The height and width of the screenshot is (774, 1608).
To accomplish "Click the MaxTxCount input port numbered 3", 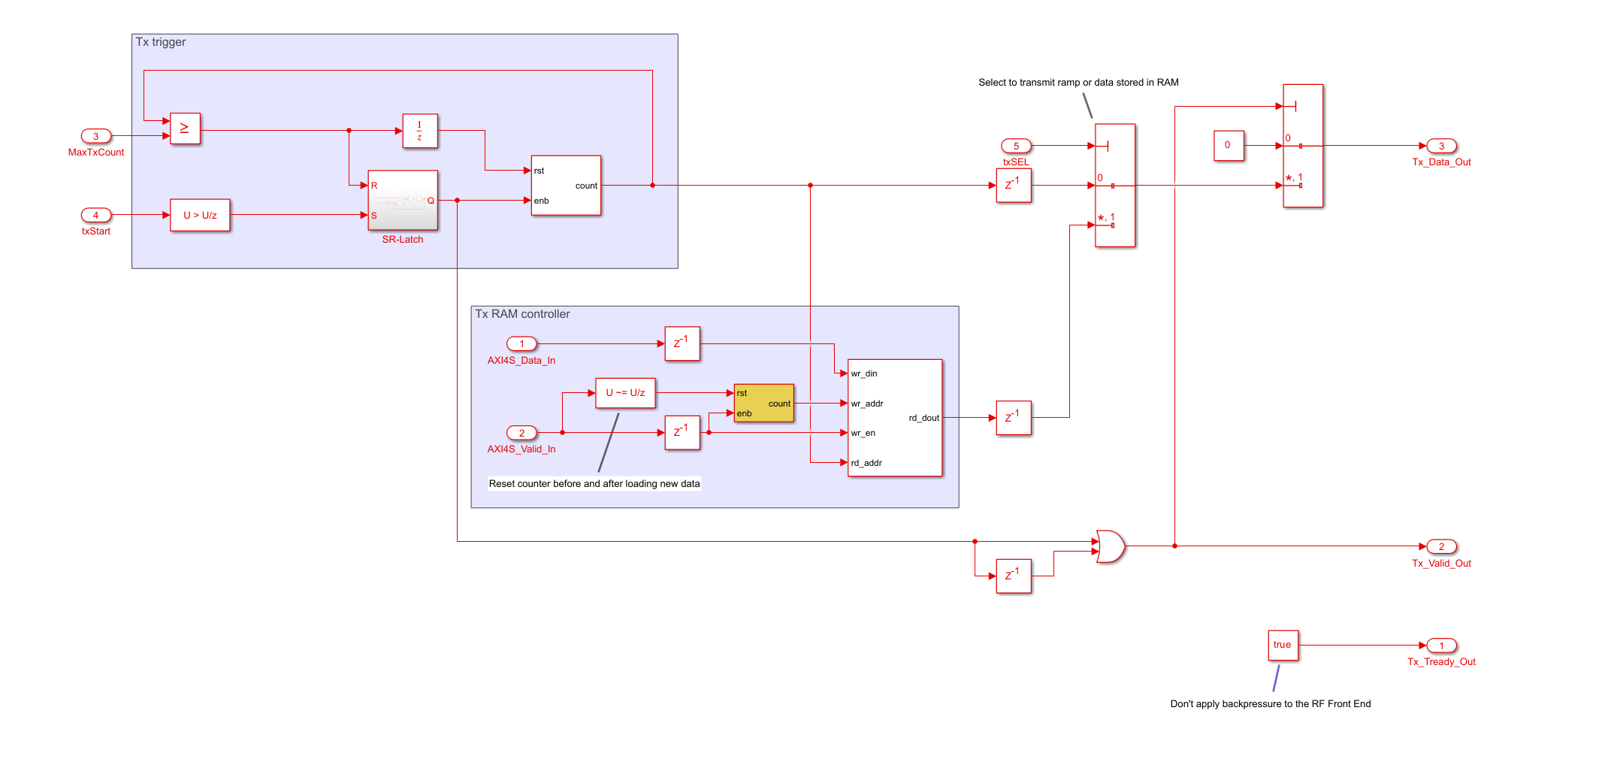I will (x=95, y=136).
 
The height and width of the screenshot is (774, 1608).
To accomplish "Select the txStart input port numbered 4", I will (x=95, y=215).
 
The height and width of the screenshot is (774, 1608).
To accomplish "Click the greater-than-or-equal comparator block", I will (x=185, y=128).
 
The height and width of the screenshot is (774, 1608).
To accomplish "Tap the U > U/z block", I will (x=200, y=215).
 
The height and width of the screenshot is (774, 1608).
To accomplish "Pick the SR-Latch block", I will (x=403, y=200).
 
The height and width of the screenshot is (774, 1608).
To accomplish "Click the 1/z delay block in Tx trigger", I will (x=419, y=131).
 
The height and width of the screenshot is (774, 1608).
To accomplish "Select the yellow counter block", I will (x=763, y=403).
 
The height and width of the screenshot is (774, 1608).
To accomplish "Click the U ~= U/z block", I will (x=625, y=393).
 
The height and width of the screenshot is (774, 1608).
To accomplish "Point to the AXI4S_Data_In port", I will (x=521, y=344).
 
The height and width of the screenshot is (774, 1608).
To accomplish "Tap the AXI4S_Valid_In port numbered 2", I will (x=521, y=433).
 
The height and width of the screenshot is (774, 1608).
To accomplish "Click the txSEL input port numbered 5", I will (x=1016, y=146).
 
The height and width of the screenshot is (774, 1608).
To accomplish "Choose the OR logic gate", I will (x=1110, y=546).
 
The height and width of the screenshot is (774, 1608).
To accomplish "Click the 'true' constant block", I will (x=1283, y=646).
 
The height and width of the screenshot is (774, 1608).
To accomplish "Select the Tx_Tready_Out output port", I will (x=1441, y=646).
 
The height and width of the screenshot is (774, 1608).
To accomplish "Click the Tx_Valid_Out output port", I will (x=1441, y=546).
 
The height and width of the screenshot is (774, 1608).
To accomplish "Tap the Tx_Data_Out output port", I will (x=1441, y=146).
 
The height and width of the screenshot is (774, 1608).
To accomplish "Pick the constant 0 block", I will (x=1228, y=146).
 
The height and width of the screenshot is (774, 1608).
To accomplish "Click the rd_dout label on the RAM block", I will (x=923, y=418).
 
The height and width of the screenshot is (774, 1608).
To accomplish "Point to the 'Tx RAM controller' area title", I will (x=522, y=314).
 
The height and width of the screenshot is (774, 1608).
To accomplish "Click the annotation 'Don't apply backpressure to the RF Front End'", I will (x=1270, y=704).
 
